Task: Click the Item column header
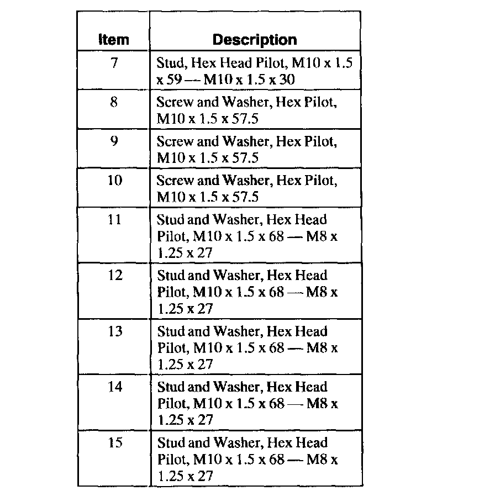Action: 113,40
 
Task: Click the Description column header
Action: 255,40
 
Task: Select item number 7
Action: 114,63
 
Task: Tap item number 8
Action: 114,102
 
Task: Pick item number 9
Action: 114,141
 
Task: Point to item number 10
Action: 114,181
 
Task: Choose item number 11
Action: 114,220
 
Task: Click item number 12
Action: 114,276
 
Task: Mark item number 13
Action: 114,331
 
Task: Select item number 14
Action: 114,387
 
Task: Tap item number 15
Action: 114,443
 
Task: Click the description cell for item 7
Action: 255,71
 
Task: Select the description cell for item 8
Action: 255,110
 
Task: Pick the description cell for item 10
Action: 255,188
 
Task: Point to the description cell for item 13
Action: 255,347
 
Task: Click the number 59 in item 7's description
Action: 175,80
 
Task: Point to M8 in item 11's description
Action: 318,236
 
